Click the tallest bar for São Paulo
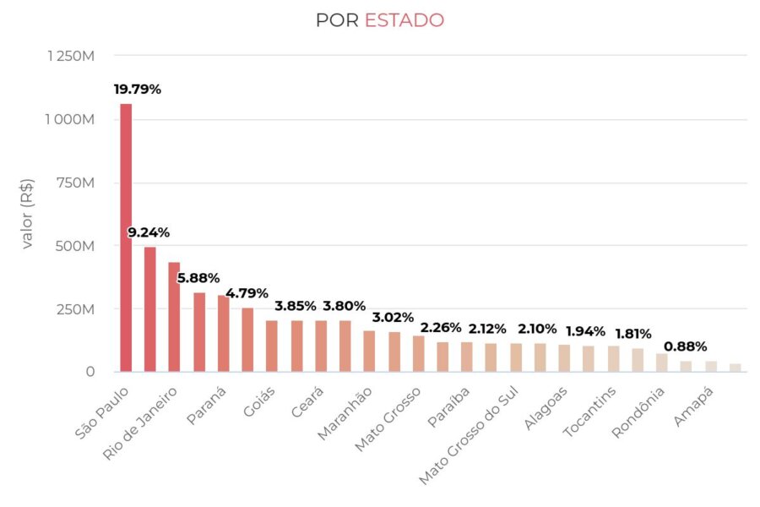[126, 237]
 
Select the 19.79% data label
[138, 89]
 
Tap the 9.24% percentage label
[149, 232]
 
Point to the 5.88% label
[198, 278]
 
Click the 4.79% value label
[247, 294]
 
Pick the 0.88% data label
[685, 346]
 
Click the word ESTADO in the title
[404, 20]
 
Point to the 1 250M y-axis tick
[70, 56]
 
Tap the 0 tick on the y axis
[90, 372]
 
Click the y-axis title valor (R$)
[28, 215]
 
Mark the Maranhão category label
[345, 413]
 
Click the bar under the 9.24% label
[150, 309]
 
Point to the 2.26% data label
[442, 327]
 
